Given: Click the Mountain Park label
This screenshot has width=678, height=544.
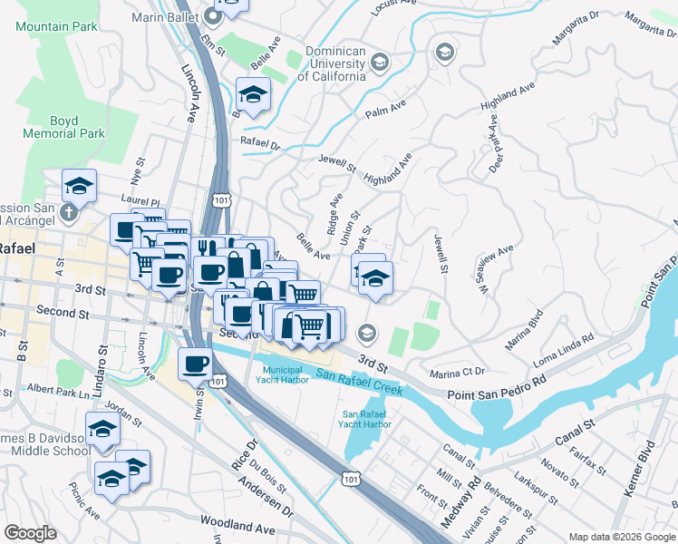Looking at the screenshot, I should tap(56, 26).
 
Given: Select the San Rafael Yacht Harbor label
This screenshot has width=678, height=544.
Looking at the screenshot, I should tap(366, 419).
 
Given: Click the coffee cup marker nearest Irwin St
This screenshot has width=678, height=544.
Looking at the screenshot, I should tap(196, 364).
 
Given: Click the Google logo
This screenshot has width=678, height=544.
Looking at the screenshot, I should tap(31, 533).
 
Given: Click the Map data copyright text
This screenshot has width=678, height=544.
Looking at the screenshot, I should tap(621, 537).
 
